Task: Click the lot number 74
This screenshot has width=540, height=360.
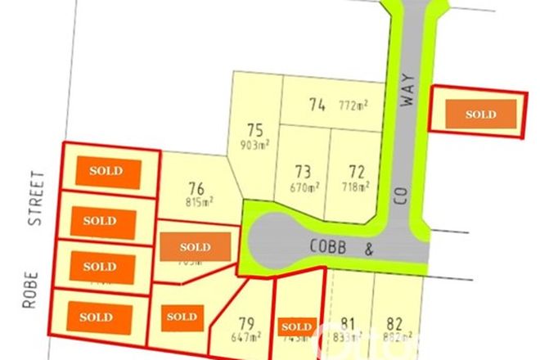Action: (317, 105)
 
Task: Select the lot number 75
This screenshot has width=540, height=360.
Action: (254, 129)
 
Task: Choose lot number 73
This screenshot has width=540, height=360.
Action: (304, 172)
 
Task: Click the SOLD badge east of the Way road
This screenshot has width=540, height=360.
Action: (480, 115)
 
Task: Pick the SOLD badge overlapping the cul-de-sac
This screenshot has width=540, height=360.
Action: (195, 247)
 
